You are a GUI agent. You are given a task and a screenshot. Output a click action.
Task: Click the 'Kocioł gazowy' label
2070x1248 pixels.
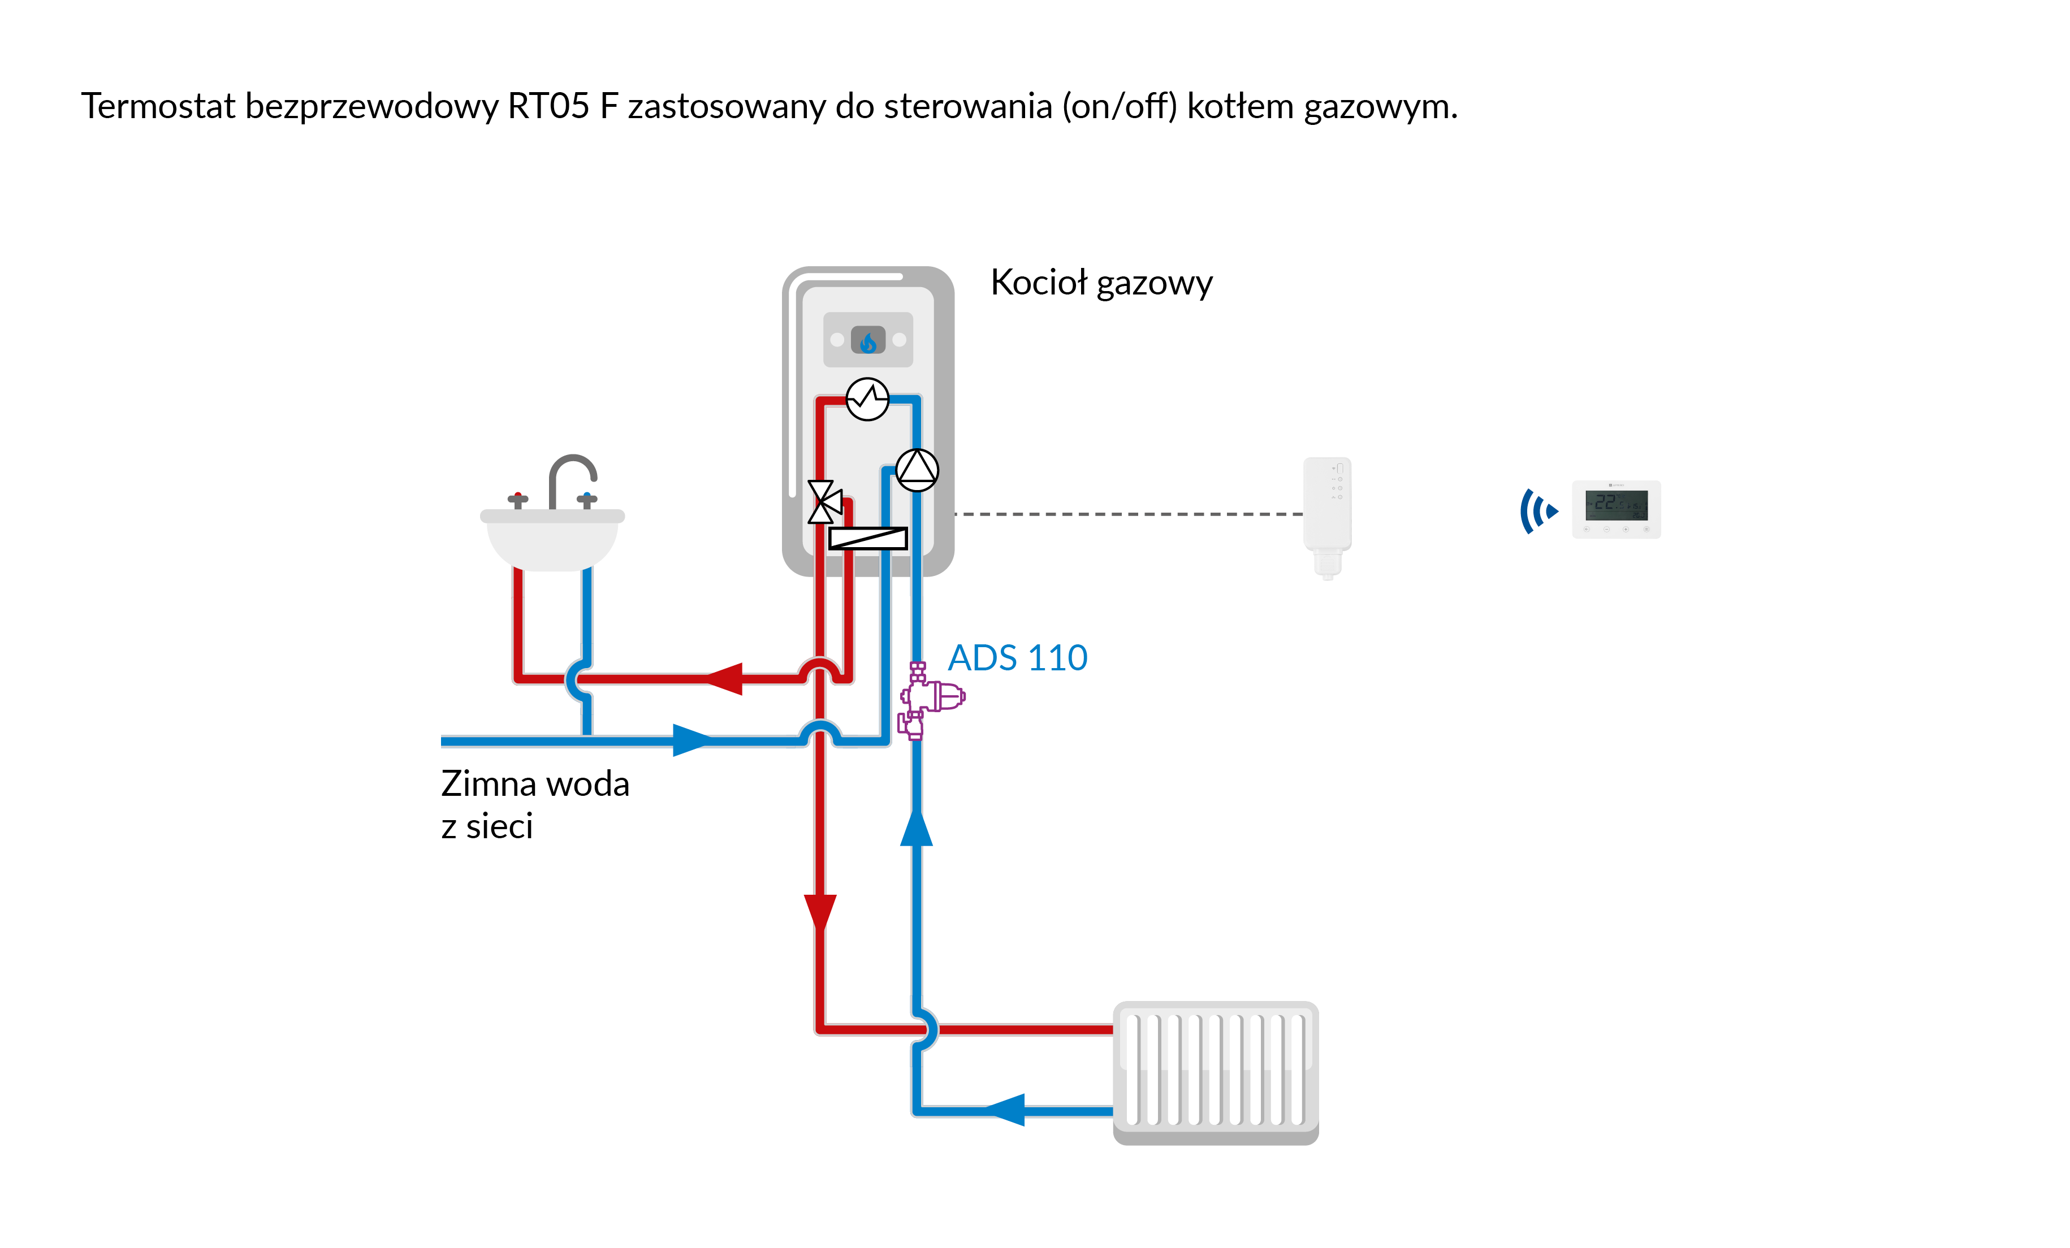click(1101, 284)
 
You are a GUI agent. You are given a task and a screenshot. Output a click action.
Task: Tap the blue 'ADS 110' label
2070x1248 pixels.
click(1017, 658)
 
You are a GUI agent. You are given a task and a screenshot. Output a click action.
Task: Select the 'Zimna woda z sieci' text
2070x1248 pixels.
click(534, 804)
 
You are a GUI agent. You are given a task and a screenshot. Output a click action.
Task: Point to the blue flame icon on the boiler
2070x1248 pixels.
click(868, 341)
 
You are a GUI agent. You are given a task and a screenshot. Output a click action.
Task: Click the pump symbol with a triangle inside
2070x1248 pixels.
click(917, 470)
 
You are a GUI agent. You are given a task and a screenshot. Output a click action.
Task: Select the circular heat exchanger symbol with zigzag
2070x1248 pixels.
click(867, 399)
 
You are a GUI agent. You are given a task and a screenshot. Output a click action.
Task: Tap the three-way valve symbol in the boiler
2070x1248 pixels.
click(823, 502)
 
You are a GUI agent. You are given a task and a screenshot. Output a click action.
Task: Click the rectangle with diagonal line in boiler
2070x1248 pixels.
click(868, 538)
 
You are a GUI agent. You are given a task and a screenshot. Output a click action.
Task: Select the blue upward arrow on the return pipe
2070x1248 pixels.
click(916, 827)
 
